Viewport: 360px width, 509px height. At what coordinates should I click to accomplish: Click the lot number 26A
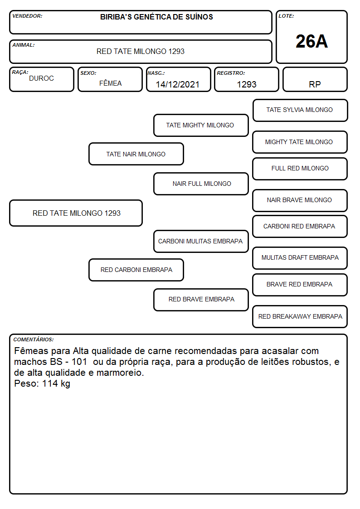(x=311, y=41)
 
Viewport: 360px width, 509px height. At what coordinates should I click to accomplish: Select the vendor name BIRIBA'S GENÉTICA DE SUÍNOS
(x=156, y=17)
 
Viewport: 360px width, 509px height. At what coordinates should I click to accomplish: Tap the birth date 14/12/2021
(x=178, y=84)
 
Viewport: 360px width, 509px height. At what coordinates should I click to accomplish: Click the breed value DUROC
(x=42, y=78)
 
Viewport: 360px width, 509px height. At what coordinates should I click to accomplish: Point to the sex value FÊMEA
(x=110, y=83)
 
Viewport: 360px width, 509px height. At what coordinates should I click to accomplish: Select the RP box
(x=315, y=79)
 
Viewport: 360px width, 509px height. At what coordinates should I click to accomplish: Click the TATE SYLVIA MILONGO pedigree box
(x=300, y=111)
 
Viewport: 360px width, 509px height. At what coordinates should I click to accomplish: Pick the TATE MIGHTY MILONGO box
(x=201, y=125)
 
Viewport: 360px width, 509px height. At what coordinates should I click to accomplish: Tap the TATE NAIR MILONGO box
(x=136, y=154)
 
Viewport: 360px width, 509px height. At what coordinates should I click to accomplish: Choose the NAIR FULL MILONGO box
(x=201, y=184)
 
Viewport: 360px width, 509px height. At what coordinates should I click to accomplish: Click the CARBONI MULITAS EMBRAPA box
(x=201, y=241)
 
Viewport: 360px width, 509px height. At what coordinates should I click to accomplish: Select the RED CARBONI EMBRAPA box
(x=136, y=270)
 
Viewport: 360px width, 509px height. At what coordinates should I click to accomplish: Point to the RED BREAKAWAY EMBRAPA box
(x=300, y=316)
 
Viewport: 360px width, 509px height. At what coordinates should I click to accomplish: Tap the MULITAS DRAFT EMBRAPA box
(x=300, y=258)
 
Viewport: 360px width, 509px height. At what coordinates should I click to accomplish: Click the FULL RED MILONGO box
(x=300, y=169)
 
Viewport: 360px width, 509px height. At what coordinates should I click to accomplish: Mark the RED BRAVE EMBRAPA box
(x=201, y=300)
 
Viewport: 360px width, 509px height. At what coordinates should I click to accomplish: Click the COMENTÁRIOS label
(x=34, y=339)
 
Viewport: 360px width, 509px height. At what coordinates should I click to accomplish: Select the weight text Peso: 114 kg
(x=42, y=384)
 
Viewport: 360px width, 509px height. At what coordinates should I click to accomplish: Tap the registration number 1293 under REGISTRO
(x=247, y=84)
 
